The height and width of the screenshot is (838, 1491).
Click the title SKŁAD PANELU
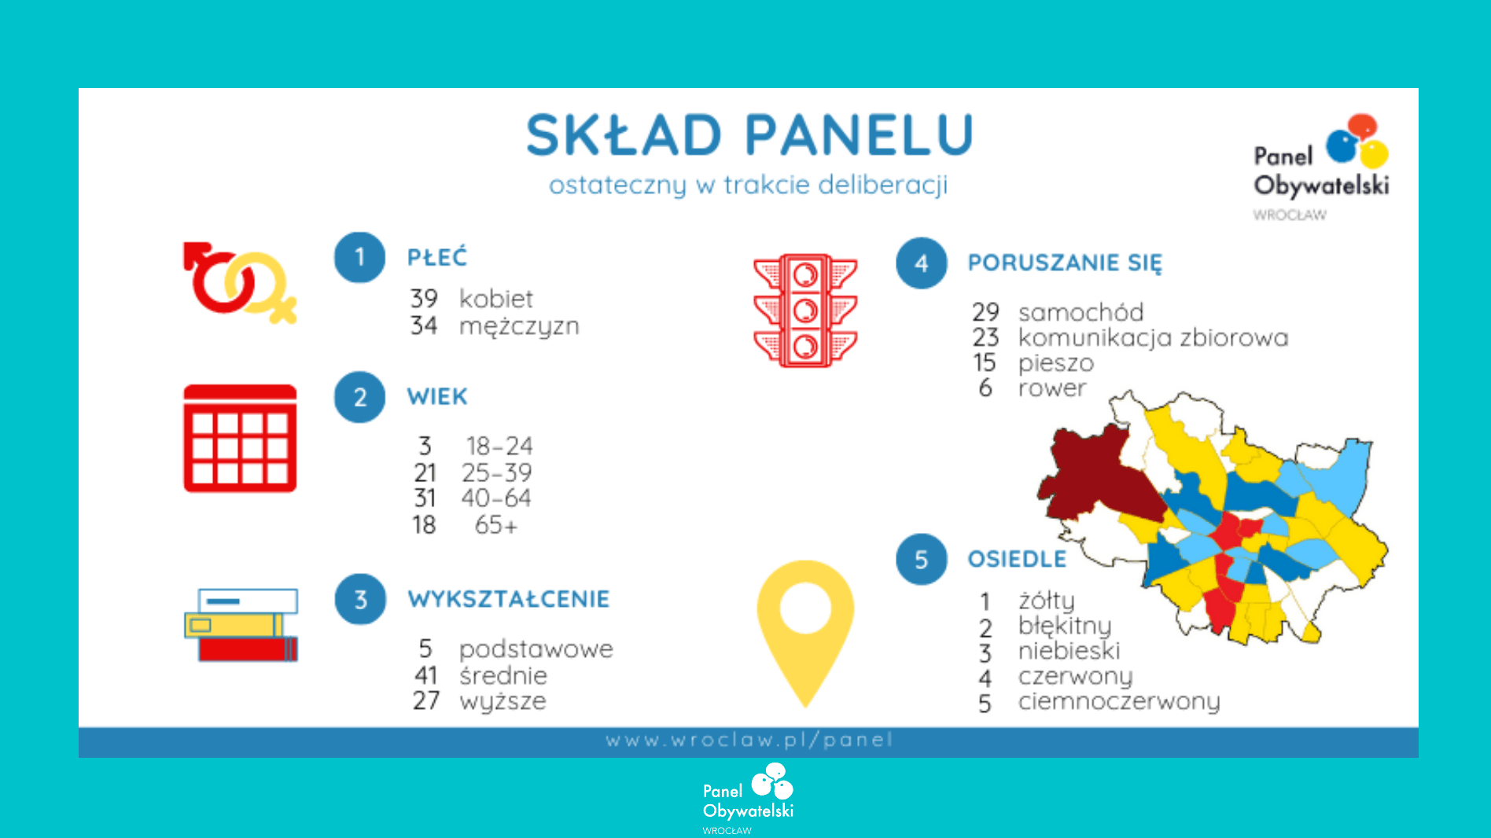[749, 134]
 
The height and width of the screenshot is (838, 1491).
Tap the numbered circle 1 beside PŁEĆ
[359, 257]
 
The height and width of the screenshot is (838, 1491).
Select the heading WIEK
[437, 397]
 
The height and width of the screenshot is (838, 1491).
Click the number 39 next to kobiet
[424, 299]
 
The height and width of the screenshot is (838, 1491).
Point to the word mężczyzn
[519, 326]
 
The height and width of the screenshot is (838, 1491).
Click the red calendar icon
[240, 439]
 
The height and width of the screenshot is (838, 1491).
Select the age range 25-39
[497, 472]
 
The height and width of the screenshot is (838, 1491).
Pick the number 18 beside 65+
[424, 525]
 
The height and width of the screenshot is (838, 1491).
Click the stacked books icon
[241, 625]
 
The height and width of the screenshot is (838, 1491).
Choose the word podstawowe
[536, 649]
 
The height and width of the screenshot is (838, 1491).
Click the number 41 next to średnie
[425, 675]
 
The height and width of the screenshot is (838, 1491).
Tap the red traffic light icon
[805, 311]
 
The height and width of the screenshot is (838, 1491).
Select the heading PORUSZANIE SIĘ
[1065, 263]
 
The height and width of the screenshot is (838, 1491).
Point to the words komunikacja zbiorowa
[1154, 338]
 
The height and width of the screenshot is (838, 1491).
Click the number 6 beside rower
[985, 388]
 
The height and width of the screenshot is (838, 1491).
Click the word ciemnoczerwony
[1119, 701]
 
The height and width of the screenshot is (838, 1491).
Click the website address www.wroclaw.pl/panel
[749, 741]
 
